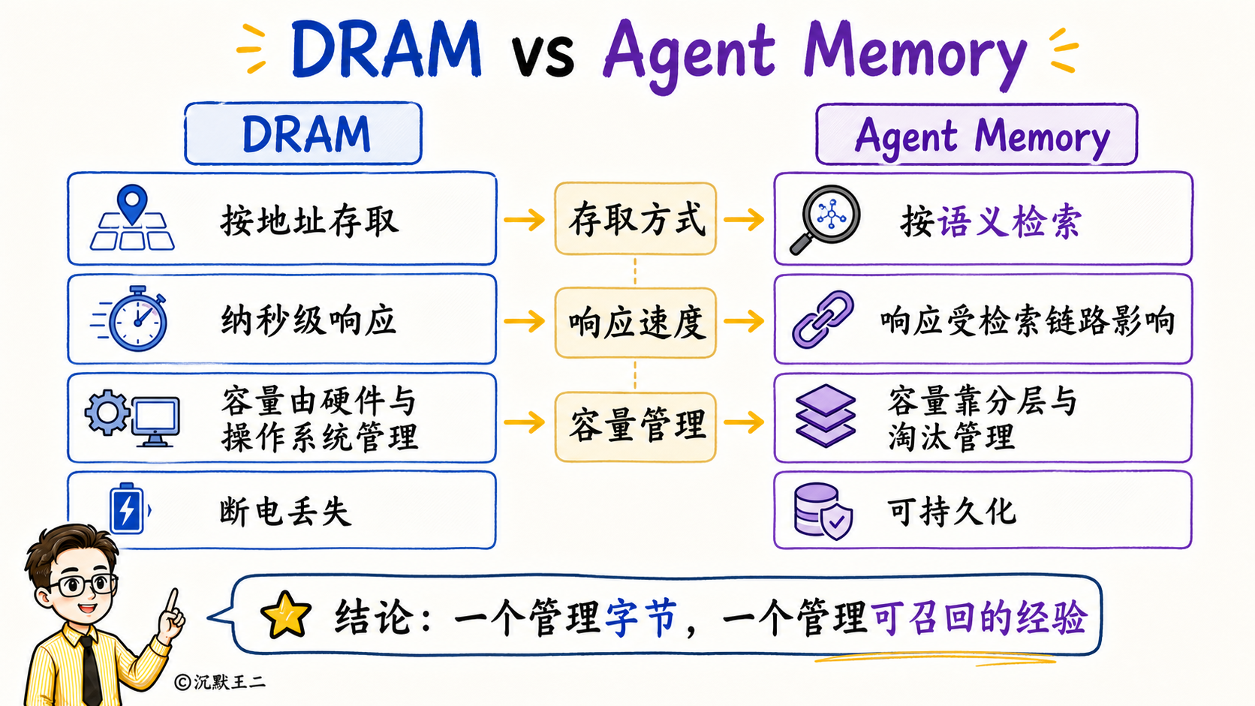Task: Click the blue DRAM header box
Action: click(303, 134)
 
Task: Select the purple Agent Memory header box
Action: click(977, 134)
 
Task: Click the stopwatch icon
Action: click(137, 319)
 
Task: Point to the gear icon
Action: click(107, 413)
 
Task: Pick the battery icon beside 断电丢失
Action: click(127, 509)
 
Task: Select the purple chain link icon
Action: click(823, 319)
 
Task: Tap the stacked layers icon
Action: click(825, 416)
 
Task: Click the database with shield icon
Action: click(823, 511)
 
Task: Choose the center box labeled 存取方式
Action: click(635, 219)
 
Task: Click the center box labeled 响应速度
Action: click(635, 323)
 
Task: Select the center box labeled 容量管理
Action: click(635, 427)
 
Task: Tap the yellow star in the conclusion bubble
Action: click(286, 615)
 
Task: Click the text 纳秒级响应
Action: click(308, 320)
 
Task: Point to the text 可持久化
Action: click(951, 511)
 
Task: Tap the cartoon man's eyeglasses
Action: click(84, 585)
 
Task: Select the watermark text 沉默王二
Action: click(230, 682)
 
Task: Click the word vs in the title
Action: click(543, 56)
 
